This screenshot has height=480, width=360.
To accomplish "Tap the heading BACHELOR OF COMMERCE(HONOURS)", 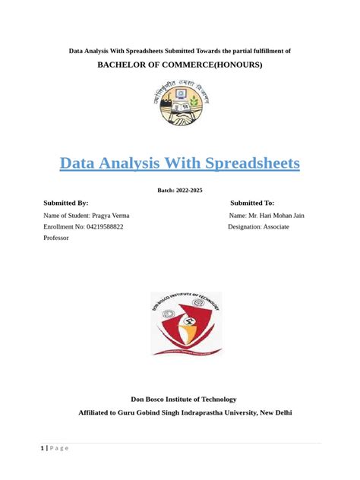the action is [179, 65].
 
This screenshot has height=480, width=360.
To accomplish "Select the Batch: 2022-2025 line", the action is [179, 190].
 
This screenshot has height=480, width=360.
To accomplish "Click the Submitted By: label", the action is [66, 203].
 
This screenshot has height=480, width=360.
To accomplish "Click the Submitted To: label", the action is [252, 203].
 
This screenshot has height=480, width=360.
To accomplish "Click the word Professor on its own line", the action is [56, 238].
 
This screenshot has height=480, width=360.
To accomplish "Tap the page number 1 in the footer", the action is [43, 448].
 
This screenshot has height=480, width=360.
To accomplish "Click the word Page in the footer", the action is [60, 448].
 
